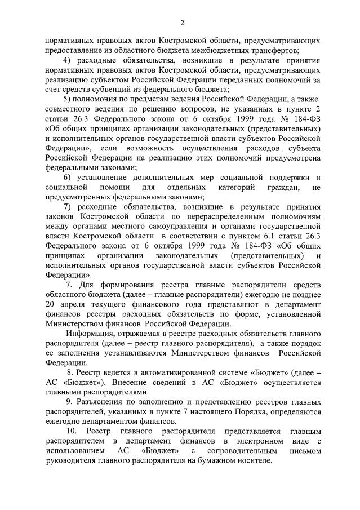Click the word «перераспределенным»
click(x=227, y=216)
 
